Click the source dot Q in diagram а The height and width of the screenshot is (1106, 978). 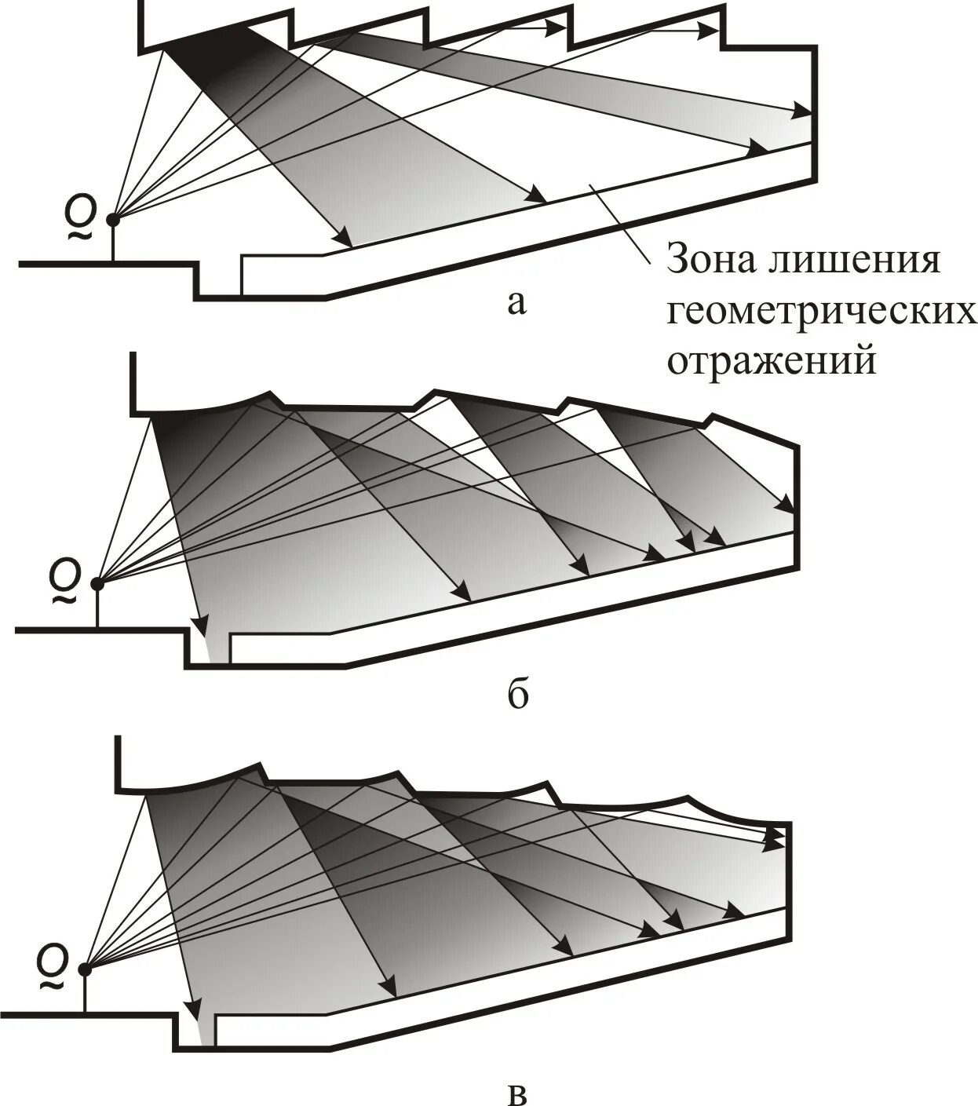point(114,219)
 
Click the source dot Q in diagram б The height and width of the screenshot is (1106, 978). point(97,583)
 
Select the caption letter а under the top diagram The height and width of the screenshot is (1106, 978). point(515,303)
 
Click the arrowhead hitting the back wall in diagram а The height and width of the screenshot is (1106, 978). point(802,111)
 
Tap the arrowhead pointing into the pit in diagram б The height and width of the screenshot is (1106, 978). point(202,626)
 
